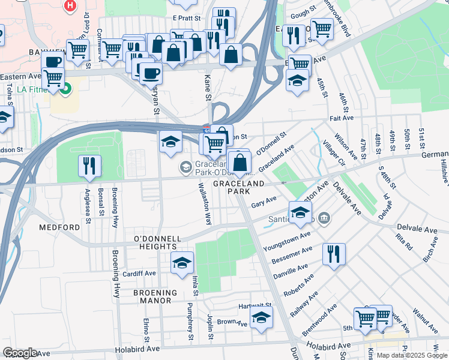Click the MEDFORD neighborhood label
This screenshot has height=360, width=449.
(59, 227)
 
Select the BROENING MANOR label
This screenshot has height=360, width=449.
(155, 297)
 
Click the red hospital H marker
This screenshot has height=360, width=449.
(71, 5)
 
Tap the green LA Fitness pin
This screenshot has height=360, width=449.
(65, 90)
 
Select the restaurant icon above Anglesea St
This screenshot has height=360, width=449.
(89, 166)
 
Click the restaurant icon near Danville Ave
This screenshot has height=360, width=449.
(334, 253)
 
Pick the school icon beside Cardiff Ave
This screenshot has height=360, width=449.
(182, 263)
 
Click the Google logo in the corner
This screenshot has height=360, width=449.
(20, 353)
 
